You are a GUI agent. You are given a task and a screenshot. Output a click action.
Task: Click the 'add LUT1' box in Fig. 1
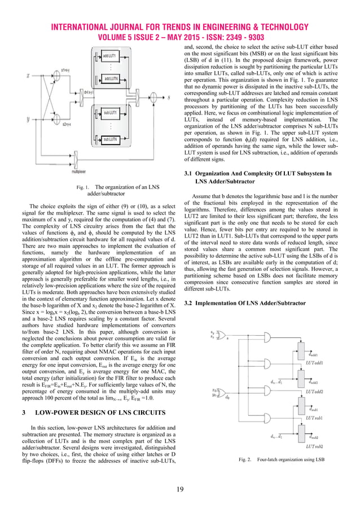coord(110,55)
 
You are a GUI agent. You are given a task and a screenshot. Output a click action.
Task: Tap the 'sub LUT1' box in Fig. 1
coord(110,113)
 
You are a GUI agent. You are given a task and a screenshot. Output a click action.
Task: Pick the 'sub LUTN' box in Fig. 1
coord(110,139)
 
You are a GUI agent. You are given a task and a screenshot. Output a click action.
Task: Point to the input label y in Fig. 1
coord(27,119)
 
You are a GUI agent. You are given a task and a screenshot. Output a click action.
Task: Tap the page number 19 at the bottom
coord(179,489)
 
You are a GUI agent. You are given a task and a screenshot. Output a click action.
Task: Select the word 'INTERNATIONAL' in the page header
coord(86,27)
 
